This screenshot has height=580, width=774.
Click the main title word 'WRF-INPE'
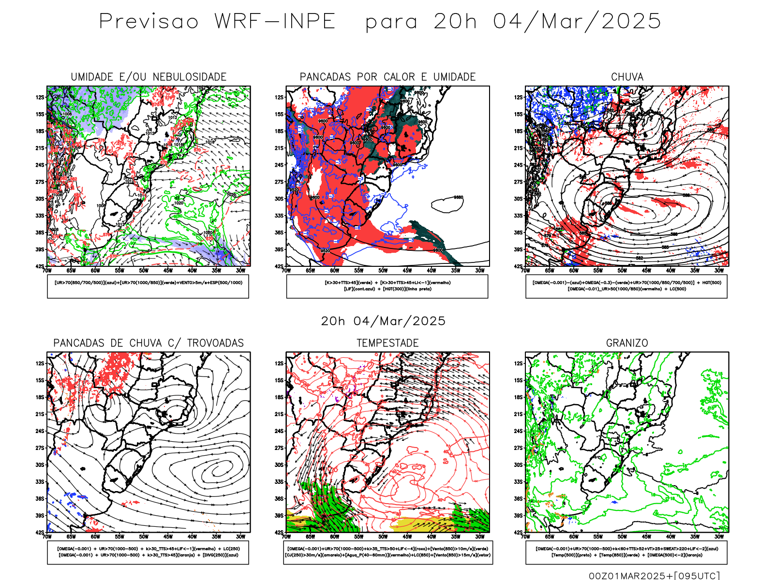[x=275, y=22]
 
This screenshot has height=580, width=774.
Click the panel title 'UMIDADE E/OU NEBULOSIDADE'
[x=149, y=77]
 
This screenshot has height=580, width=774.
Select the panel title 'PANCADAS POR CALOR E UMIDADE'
[x=387, y=77]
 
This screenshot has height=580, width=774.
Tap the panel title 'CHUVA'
[x=627, y=77]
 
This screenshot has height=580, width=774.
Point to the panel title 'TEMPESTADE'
[x=387, y=343]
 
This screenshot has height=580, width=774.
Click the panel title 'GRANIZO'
[x=627, y=343]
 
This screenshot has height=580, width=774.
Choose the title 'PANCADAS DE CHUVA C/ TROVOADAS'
[x=149, y=343]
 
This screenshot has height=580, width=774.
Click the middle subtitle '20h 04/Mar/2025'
[x=383, y=321]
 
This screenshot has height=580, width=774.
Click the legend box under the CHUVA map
[x=626, y=286]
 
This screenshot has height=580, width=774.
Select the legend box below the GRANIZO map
[x=626, y=552]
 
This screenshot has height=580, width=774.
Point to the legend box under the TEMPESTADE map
[x=387, y=552]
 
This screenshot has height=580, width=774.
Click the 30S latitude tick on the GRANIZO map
[x=519, y=465]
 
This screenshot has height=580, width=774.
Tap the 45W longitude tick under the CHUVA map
[x=646, y=271]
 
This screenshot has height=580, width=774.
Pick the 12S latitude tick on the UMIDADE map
[x=40, y=97]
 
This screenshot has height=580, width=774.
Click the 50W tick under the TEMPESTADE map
[x=383, y=536]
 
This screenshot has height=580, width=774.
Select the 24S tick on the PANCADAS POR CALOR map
[x=279, y=165]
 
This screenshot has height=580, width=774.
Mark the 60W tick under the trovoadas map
[x=95, y=536]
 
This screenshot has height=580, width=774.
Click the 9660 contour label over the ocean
[x=458, y=198]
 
